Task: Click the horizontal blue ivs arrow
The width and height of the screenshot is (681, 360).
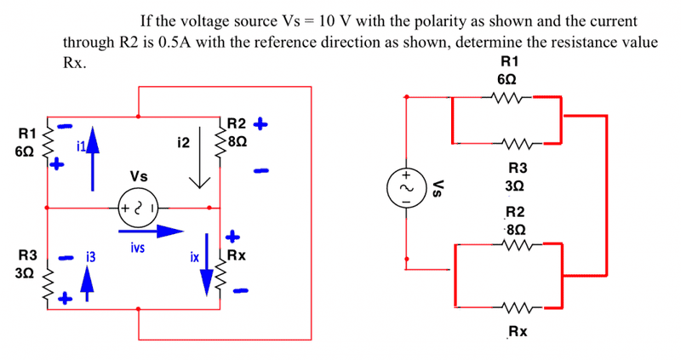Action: [151, 230]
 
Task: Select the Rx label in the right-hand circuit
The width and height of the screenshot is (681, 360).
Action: [517, 331]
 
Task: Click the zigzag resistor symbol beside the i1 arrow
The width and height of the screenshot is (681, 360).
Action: [49, 140]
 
